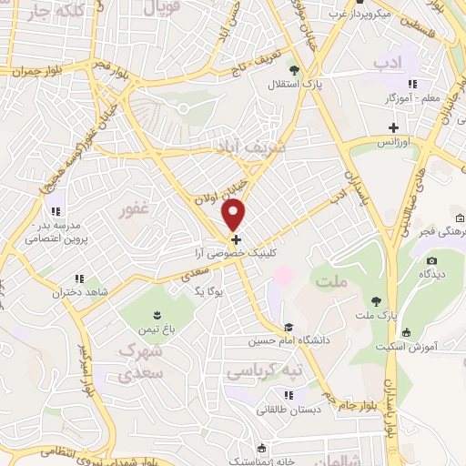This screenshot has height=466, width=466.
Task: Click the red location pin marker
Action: tap(234, 215)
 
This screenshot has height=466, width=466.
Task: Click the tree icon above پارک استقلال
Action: tap(292, 69)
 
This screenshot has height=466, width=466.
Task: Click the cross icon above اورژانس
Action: tap(393, 127)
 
